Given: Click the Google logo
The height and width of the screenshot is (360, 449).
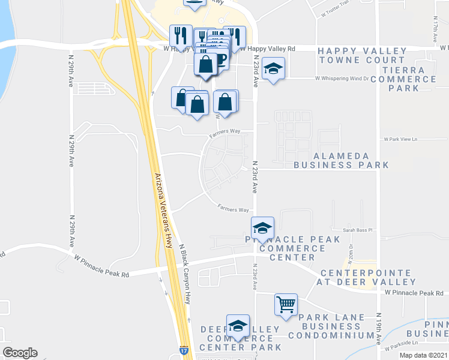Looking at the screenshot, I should tap(20, 353).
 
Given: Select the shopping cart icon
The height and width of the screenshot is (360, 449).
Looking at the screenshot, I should tap(286, 304).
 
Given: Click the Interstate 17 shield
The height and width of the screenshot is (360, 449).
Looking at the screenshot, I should tap(182, 348).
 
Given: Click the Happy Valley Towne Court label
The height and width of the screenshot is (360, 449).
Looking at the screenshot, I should tap(361, 55).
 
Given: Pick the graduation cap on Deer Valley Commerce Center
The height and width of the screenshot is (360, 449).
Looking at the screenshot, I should tap(238, 325).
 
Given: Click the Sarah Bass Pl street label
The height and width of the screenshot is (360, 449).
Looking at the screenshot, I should tap(358, 230).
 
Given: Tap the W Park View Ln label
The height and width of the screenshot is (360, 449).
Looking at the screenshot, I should tap(400, 139).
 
